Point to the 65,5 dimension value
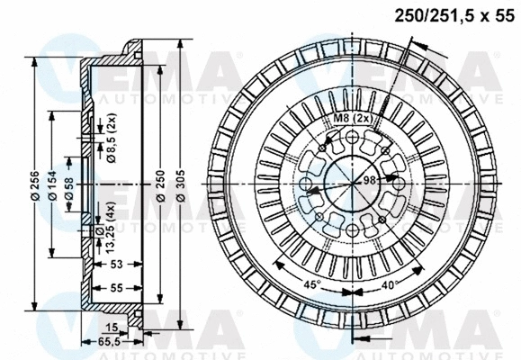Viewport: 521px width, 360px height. (x=108, y=342)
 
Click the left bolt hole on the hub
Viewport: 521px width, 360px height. (x=308, y=186)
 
